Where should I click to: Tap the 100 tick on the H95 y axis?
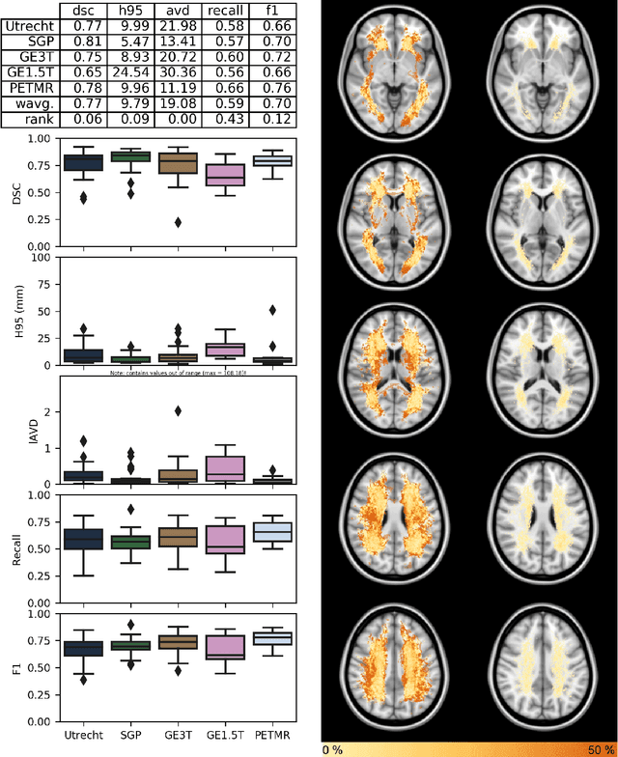click(42, 257)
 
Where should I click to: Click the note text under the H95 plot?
click(178, 373)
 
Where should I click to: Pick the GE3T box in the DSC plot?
click(178, 163)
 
